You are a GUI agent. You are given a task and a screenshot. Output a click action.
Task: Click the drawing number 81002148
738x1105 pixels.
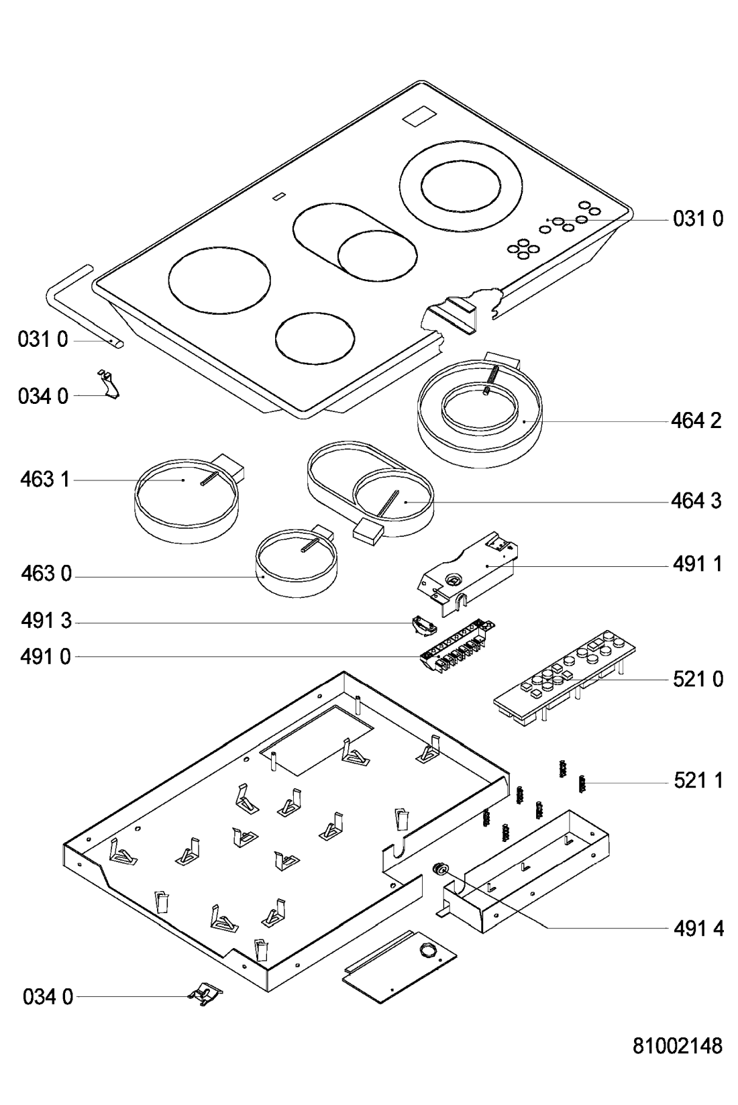click(678, 1045)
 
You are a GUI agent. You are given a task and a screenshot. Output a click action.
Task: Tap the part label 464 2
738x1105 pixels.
click(696, 421)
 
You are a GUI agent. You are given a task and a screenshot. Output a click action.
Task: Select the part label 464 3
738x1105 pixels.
click(696, 501)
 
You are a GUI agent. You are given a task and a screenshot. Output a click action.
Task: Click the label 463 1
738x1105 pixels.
click(45, 479)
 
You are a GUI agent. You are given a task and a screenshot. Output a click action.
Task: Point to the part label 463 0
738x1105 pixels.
click(46, 574)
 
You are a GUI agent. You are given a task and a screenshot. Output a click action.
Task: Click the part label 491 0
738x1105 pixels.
click(46, 657)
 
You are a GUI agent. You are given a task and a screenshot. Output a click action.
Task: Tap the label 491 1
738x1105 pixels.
click(698, 564)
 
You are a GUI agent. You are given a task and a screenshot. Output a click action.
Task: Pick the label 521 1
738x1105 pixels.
click(698, 780)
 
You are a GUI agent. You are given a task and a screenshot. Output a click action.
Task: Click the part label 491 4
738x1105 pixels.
click(698, 929)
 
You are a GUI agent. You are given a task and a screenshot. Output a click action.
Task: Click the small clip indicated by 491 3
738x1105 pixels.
click(423, 625)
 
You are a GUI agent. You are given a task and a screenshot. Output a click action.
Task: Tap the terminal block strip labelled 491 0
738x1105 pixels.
click(456, 645)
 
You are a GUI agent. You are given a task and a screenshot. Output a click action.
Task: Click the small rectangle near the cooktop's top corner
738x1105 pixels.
click(419, 118)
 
